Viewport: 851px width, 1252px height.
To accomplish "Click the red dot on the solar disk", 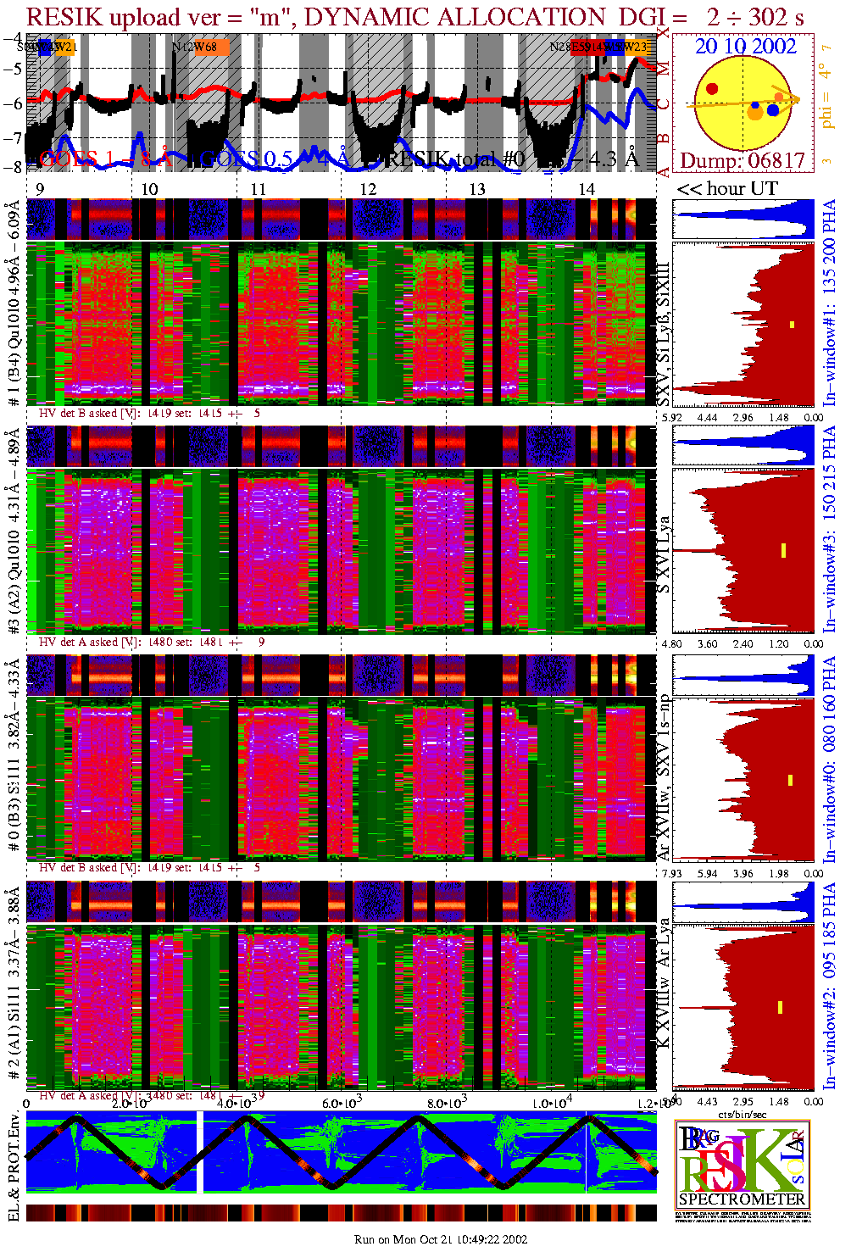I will coord(712,88).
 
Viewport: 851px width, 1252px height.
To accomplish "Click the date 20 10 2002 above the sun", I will coord(746,47).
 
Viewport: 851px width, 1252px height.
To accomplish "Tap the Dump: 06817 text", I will coord(743,161).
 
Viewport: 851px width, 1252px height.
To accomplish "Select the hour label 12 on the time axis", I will coord(368,189).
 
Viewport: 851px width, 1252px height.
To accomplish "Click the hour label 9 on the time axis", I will coord(40,189).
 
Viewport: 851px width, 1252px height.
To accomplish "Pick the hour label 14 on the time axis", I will coord(587,189).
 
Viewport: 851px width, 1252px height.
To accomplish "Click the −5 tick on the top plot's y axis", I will coord(14,70).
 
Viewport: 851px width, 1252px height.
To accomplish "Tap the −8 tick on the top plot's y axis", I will coord(14,166).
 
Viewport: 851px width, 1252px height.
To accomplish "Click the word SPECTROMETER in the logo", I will coord(742,1199).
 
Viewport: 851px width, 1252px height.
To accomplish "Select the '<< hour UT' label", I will coord(726,188).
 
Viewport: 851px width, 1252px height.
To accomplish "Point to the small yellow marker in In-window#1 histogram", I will coord(793,324).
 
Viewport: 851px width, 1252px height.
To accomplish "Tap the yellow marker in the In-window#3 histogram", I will coord(784,550).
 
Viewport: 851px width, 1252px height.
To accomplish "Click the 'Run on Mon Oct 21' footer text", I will coord(441,1239).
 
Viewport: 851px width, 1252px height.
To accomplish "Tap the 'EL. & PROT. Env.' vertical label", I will coord(14,1166).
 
